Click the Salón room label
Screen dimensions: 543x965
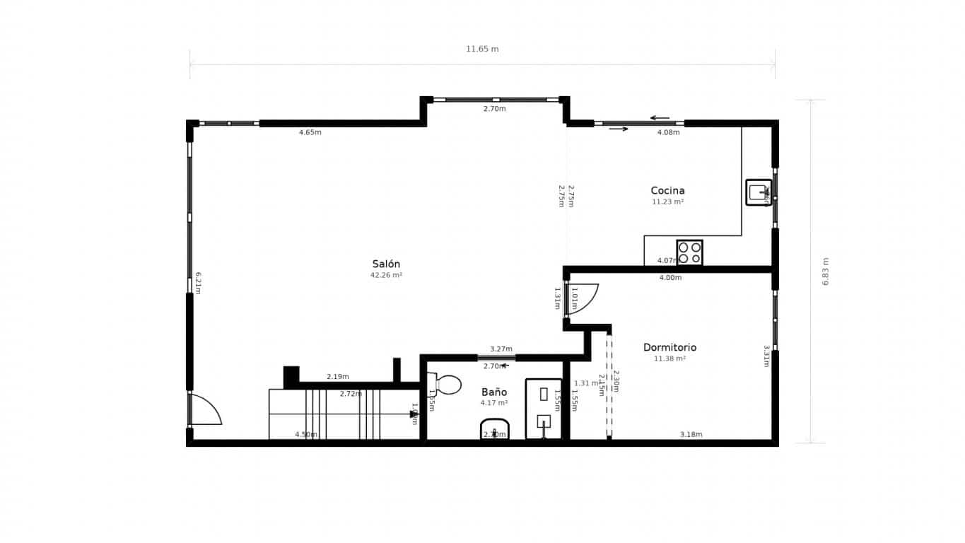386,264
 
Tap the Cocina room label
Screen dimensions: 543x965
667,190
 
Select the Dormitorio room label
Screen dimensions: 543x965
669,347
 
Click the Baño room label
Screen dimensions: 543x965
494,392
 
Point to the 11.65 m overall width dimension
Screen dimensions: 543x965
482,49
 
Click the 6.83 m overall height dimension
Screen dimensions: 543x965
826,271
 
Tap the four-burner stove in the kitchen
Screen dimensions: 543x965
689,252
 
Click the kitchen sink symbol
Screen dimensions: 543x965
758,192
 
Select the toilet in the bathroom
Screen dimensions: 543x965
445,385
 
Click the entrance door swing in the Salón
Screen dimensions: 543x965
205,410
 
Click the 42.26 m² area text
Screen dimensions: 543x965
386,275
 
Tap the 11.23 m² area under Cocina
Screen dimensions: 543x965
667,202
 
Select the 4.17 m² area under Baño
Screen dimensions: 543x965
494,403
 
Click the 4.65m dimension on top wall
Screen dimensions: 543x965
310,132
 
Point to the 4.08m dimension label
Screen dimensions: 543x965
668,132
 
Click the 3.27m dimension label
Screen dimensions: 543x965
501,349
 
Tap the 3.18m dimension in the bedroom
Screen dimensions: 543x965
691,434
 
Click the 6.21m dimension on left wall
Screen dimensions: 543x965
199,283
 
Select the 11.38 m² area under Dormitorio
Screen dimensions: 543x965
669,358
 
